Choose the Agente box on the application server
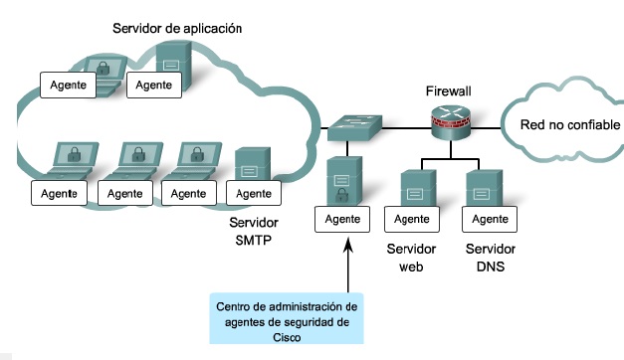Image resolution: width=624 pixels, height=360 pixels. [154, 85]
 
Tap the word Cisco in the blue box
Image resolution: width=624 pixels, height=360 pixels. [287, 336]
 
